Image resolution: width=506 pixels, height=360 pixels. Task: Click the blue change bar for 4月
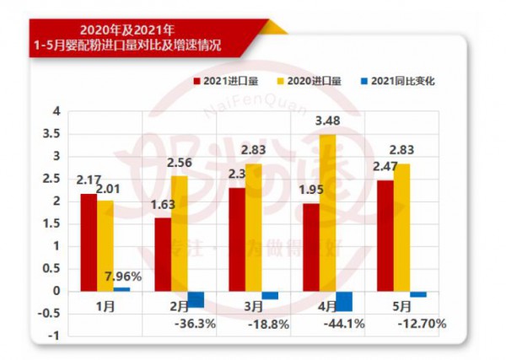(343, 301)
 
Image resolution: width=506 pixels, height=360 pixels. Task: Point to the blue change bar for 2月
(196, 299)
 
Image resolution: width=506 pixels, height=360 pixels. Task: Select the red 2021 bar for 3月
(236, 239)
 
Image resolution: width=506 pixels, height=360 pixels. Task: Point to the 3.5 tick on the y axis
(54, 134)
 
